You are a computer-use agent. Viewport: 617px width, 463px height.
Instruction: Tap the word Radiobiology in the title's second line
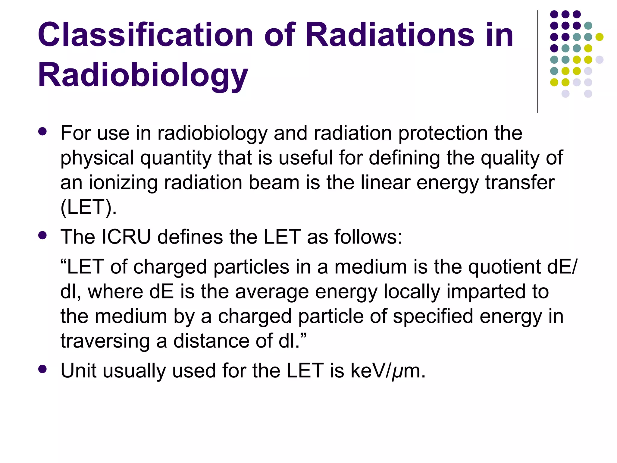point(143,75)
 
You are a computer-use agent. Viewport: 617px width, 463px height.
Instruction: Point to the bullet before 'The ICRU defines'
point(43,235)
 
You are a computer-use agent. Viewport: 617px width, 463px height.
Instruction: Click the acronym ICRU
point(126,237)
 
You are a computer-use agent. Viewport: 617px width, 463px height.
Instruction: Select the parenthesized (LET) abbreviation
point(88,207)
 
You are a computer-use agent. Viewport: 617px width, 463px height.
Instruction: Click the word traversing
point(105,341)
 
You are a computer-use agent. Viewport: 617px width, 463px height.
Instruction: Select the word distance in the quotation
point(211,341)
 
